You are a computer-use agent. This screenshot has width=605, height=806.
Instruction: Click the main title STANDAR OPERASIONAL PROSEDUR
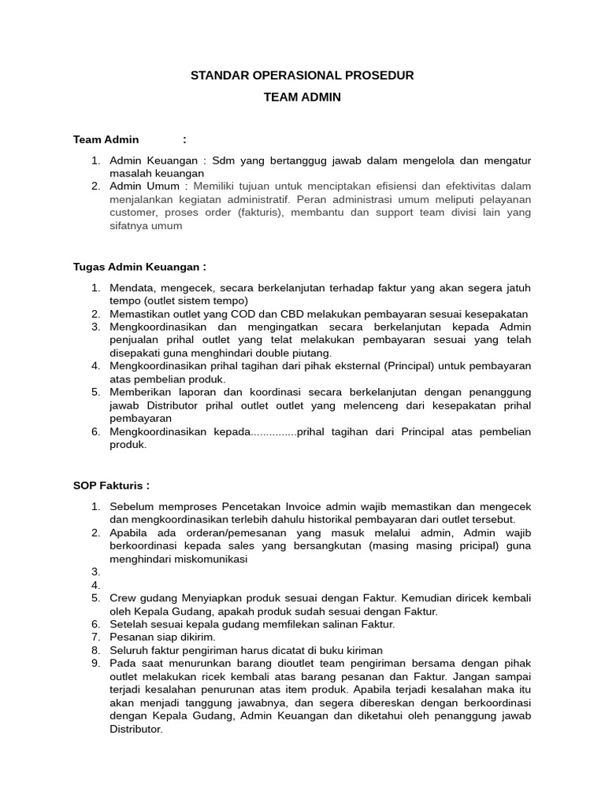click(302, 76)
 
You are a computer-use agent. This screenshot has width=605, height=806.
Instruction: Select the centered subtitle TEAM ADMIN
click(302, 97)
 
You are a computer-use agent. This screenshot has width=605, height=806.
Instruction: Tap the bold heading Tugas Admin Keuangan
click(139, 267)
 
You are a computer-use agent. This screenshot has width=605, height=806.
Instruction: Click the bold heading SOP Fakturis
click(111, 485)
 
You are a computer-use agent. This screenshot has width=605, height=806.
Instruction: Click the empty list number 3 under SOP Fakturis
click(95, 572)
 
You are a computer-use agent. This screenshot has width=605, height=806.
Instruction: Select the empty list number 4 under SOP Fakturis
click(95, 585)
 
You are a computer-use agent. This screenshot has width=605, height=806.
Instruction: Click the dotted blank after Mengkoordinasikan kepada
click(273, 432)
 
